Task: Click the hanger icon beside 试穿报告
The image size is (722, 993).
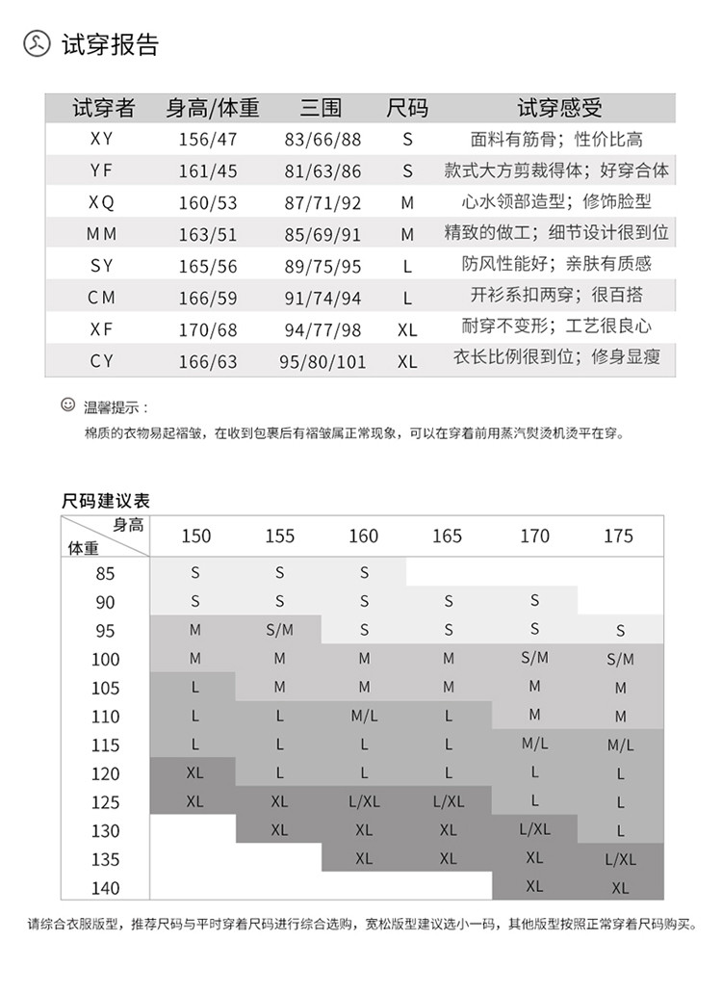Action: [37, 45]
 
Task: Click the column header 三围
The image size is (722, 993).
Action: [321, 108]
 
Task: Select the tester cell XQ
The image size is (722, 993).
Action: [101, 202]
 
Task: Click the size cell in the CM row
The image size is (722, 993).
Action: [407, 299]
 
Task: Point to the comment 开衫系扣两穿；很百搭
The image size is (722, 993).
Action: [557, 296]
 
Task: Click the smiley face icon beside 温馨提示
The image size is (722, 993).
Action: [67, 405]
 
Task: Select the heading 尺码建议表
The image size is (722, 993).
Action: [106, 501]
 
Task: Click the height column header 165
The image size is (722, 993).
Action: [448, 536]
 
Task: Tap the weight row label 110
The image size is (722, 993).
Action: [105, 717]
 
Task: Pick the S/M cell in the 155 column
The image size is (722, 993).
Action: [279, 630]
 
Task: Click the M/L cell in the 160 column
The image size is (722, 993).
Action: [364, 716]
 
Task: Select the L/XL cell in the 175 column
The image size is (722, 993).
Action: [620, 859]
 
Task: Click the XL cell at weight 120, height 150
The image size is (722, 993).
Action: [194, 772]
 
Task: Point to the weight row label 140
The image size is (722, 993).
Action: [105, 888]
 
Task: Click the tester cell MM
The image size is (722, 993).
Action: [101, 234]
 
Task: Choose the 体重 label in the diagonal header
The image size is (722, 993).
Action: [83, 548]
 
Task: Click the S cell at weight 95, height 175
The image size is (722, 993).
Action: [620, 632]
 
